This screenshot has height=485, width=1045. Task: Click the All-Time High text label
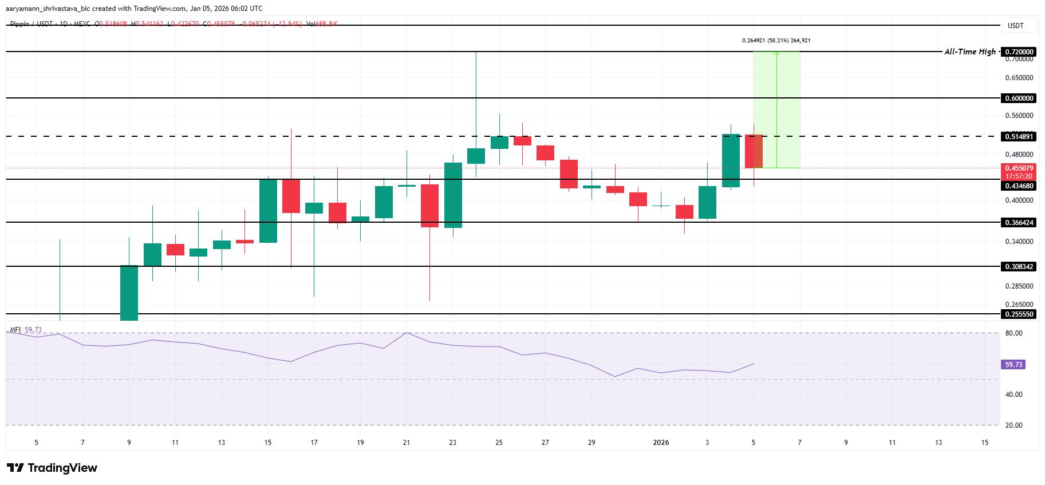pos(970,52)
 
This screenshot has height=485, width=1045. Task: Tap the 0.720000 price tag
pos(1019,52)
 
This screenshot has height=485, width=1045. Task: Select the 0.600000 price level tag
pos(1019,98)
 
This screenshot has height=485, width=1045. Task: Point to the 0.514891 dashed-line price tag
pos(1019,136)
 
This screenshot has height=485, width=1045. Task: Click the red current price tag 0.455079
pos(1019,168)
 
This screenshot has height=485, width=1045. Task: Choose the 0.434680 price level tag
pos(1019,186)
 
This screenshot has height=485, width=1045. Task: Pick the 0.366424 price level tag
pos(1019,223)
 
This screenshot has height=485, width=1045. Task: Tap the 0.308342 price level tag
pos(1019,267)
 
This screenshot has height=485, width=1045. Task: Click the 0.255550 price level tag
pos(1019,314)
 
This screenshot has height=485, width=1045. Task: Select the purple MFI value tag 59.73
pos(1014,365)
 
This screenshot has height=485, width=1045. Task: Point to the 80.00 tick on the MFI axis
pos(1014,333)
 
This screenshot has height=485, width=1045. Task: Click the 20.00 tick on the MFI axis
pos(1014,425)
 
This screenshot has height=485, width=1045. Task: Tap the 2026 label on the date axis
pos(661,443)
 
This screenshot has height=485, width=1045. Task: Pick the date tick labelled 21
pos(407,443)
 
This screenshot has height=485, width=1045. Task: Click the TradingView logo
pos(52,468)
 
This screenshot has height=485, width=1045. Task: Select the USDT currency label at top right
pos(1015,26)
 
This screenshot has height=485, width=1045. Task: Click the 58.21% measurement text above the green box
pos(776,41)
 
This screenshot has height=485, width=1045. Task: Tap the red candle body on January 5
pos(754,151)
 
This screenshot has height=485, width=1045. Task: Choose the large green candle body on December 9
pos(129,293)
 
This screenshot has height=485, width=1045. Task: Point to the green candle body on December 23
pos(453,195)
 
